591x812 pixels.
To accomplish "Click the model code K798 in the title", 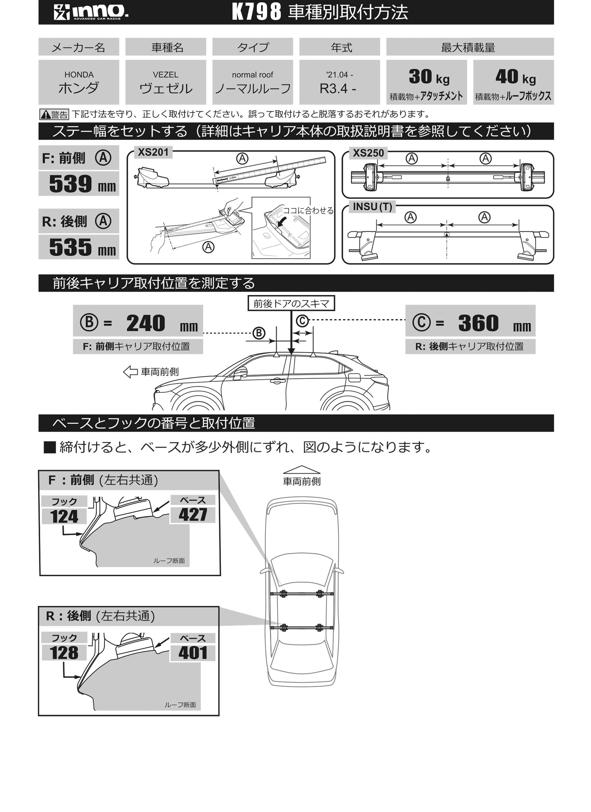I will tap(256, 12).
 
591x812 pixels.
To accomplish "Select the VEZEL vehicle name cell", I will tap(165, 82).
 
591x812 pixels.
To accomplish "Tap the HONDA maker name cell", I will tap(79, 82).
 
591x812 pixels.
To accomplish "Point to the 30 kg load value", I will tap(429, 77).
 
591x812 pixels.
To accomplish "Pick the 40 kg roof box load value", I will tap(515, 77).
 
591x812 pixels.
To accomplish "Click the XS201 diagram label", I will tap(153, 153).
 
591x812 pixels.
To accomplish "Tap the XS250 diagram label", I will tap(368, 153).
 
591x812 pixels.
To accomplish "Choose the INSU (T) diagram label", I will tap(372, 207).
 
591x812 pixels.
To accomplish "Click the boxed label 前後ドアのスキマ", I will tap(291, 304).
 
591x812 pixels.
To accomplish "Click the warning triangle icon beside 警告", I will tap(46, 115).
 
